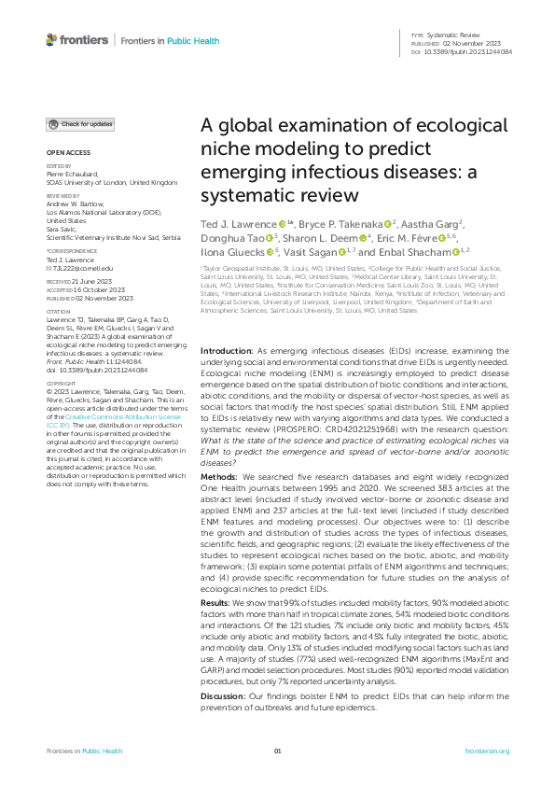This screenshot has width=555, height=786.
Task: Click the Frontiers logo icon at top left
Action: (52, 39)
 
